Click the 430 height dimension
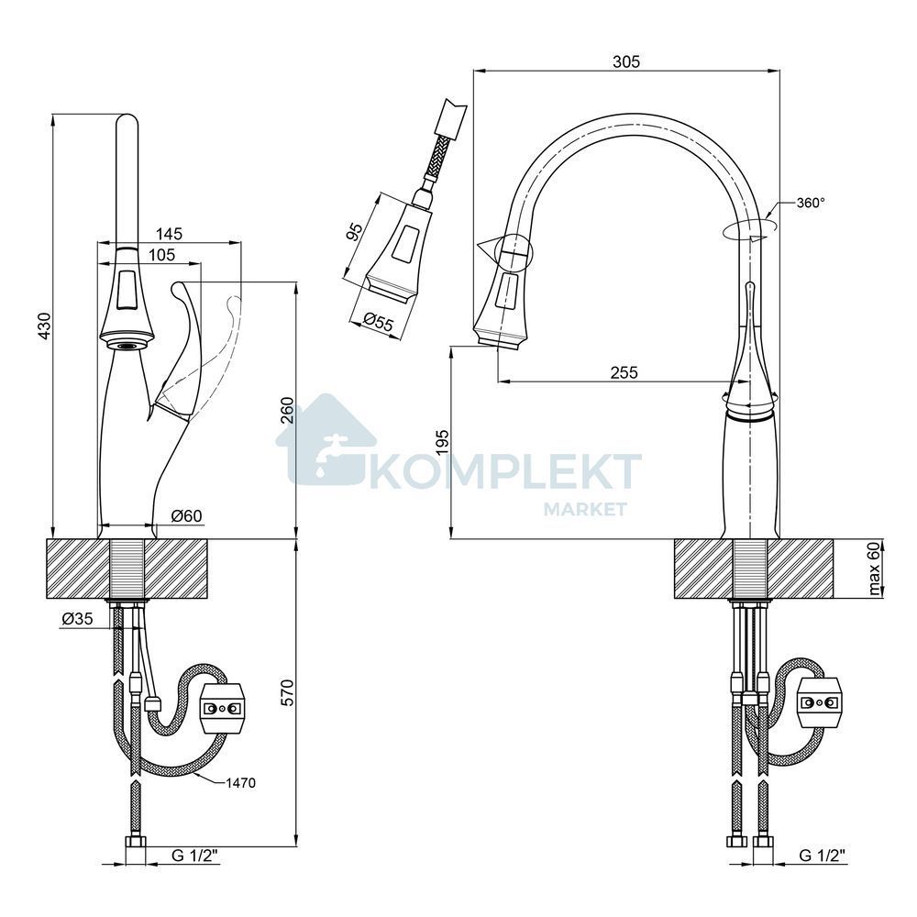point(45,326)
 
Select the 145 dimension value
point(170,233)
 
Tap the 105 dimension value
point(161,255)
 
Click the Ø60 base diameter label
point(186,515)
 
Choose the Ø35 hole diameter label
point(77,619)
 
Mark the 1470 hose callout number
point(241,783)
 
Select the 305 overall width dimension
point(626,61)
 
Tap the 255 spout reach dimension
point(624,372)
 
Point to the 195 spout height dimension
point(442,443)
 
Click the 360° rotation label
point(812,203)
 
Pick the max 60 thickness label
point(874,569)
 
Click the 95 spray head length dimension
point(355,232)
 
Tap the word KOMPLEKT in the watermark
point(503,471)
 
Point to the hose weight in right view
point(820,702)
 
